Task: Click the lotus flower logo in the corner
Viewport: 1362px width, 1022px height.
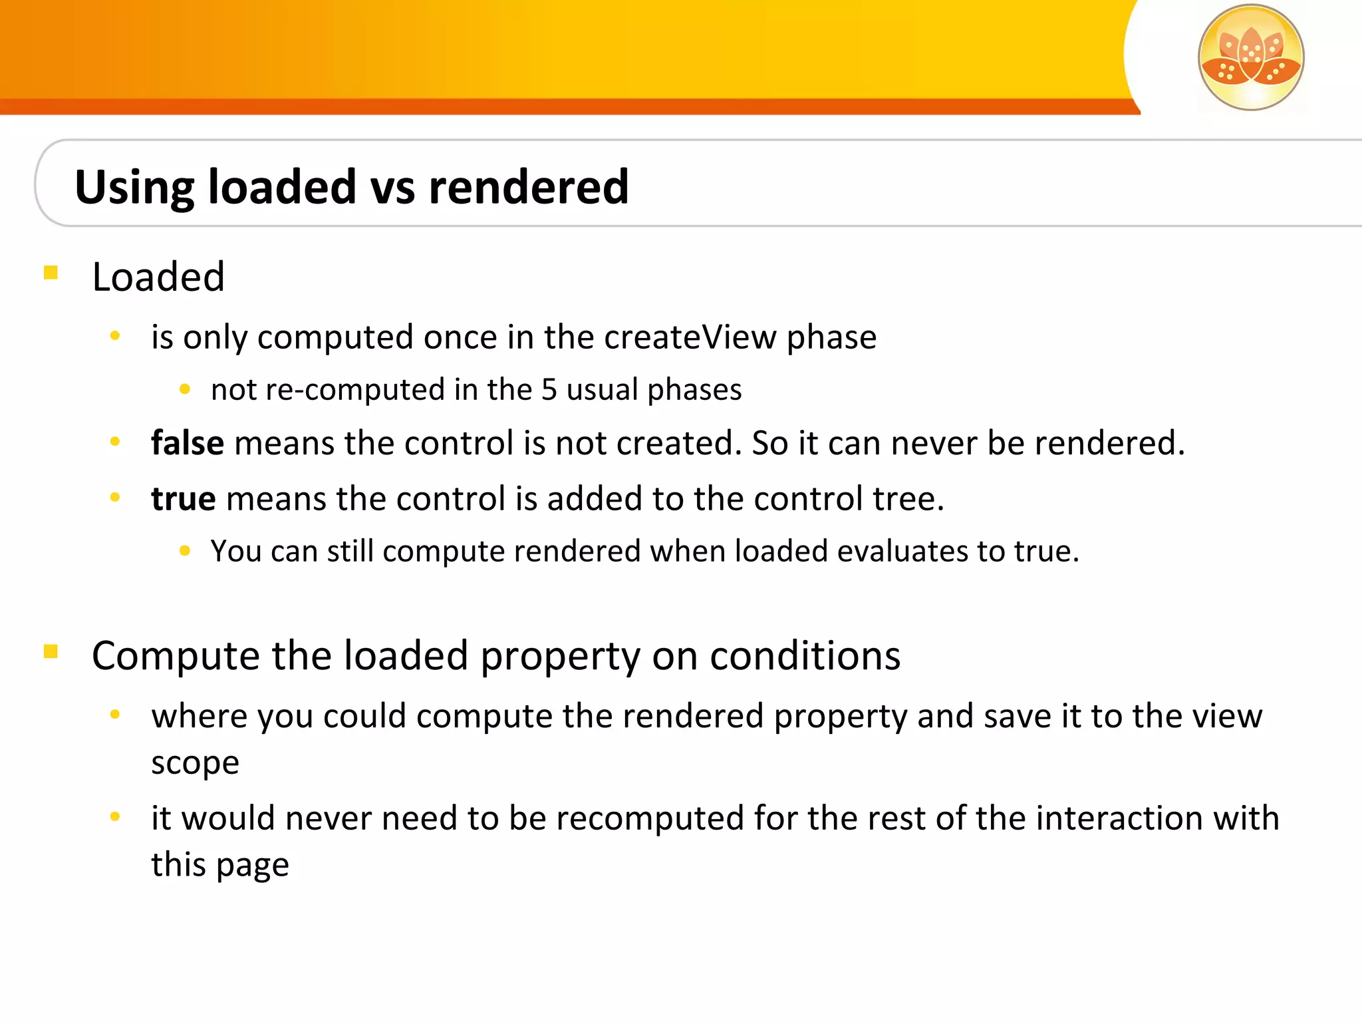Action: click(x=1250, y=57)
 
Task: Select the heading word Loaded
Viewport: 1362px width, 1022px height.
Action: click(x=158, y=277)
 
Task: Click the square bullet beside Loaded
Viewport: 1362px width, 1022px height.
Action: click(x=51, y=273)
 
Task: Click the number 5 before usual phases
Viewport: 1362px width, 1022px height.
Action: click(x=549, y=390)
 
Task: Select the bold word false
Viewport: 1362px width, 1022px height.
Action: click(x=188, y=443)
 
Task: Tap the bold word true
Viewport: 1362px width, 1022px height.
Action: click(x=183, y=499)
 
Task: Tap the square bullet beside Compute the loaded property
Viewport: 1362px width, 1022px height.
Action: click(x=51, y=651)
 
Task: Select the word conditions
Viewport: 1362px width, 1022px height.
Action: click(x=805, y=656)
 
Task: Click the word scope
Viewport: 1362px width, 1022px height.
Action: click(x=195, y=763)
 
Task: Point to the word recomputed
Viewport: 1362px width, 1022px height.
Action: click(x=649, y=818)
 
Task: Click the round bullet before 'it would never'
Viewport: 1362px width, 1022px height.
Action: click(x=115, y=816)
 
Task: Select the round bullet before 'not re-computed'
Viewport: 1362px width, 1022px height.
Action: click(x=185, y=389)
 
